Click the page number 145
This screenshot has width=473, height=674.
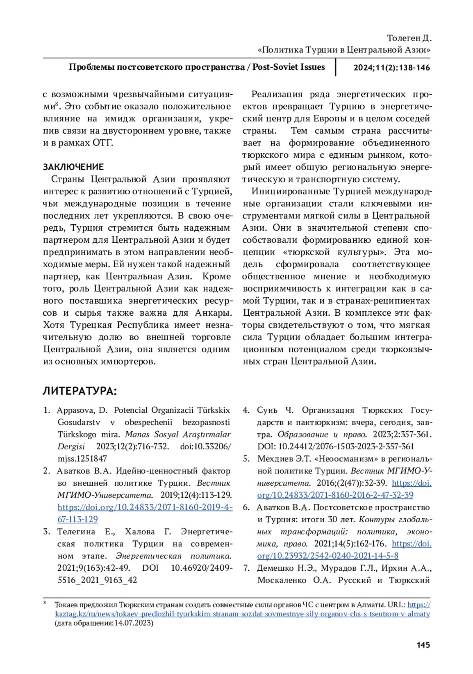[423, 645]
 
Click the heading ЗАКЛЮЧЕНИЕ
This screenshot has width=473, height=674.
[73, 167]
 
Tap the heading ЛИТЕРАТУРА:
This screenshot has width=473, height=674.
[80, 391]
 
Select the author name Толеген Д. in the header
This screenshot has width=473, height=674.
[409, 38]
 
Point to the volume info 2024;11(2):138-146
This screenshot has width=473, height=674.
[391, 67]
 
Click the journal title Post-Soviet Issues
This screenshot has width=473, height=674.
[289, 67]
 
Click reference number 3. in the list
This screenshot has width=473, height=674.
[47, 531]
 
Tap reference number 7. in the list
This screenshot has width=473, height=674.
[246, 568]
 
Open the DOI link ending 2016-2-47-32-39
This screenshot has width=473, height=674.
[335, 495]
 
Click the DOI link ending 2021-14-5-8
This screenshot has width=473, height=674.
[328, 556]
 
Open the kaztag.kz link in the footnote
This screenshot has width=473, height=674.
[242, 614]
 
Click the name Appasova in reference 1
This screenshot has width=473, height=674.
[75, 410]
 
